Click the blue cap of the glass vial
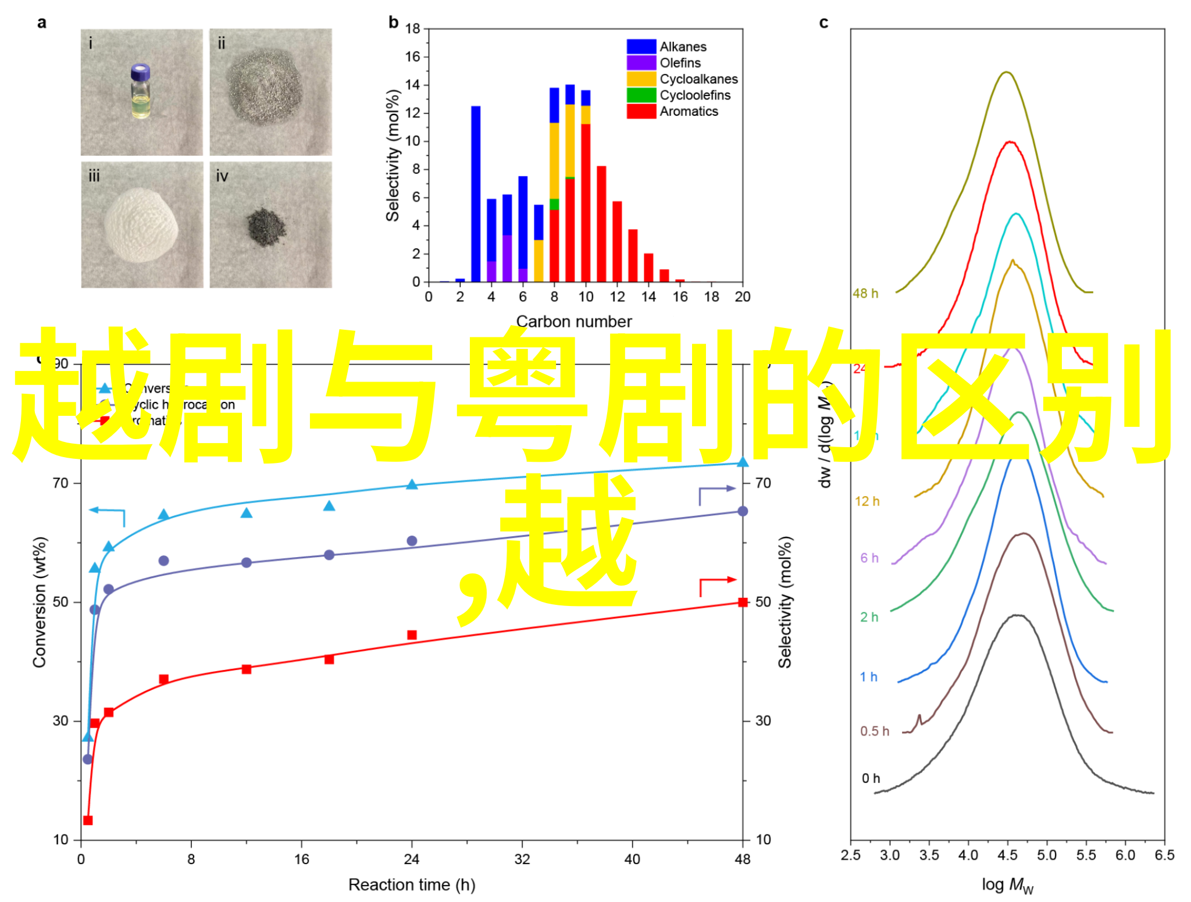pos(140,72)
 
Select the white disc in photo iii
pos(141,224)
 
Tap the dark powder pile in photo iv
pos(266,227)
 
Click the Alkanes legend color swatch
pos(641,47)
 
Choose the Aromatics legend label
pos(689,112)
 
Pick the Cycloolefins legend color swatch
pos(641,95)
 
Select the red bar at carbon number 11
pos(601,224)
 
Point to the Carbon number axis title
pos(573,322)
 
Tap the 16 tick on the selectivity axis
pos(412,57)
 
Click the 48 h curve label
pos(865,294)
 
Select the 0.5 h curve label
pos(875,731)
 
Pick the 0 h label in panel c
pos(871,778)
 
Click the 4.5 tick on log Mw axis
pos(1007,855)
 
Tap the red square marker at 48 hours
pos(743,602)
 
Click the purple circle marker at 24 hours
pos(412,541)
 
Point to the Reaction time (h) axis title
pos(412,885)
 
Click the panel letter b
pos(394,23)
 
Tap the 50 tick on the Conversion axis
pos(61,602)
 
